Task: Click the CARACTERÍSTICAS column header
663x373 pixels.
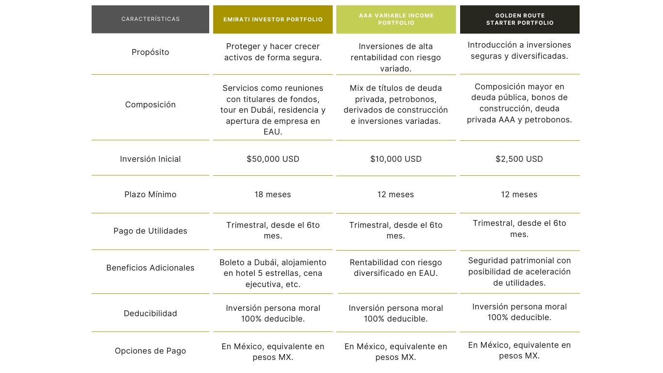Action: coord(150,19)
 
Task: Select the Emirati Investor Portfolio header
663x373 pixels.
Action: coord(273,19)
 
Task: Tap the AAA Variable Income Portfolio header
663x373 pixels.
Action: coord(396,19)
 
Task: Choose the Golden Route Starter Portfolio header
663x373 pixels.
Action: coord(519,19)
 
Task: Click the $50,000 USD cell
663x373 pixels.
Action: coord(273,159)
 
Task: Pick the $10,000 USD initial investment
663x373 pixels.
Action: coord(396,159)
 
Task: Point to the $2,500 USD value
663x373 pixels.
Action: coord(519,159)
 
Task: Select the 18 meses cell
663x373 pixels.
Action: coord(273,194)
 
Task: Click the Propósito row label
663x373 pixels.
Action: coord(150,52)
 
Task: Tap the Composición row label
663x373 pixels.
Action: coord(150,104)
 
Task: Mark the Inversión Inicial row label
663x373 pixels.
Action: coord(150,159)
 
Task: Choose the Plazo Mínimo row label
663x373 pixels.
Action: coord(150,194)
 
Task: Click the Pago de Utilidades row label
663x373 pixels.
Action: coord(150,231)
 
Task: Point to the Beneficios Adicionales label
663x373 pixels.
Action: coord(150,268)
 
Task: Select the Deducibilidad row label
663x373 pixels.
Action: coord(150,313)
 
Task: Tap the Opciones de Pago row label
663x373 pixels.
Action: coord(150,351)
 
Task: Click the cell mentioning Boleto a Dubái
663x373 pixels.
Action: coord(273,273)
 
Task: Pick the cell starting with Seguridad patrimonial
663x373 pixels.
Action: coord(519,271)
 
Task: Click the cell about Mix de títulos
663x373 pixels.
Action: coord(396,104)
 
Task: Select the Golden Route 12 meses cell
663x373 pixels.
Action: coord(519,194)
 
